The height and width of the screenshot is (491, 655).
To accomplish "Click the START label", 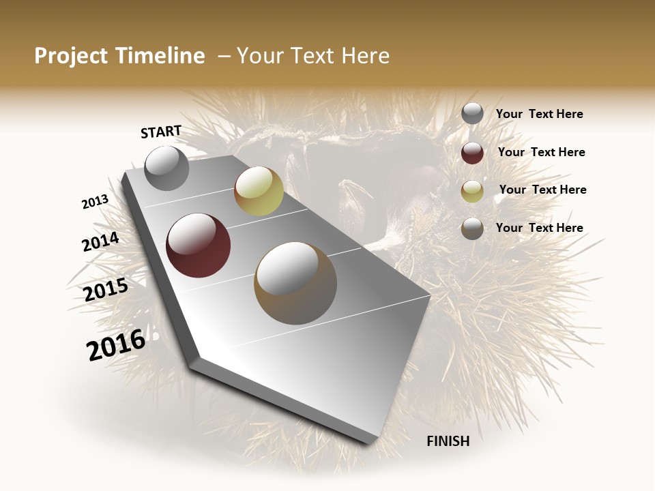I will coord(161,132).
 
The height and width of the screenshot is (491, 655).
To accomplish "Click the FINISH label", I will coord(448,441).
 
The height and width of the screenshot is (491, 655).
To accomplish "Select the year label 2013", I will coord(96,202).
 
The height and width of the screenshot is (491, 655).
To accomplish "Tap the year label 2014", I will coord(101,242).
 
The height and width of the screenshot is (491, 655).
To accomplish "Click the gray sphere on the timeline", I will coord(166,168).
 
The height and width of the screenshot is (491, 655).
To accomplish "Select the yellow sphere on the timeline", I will coord(259,191).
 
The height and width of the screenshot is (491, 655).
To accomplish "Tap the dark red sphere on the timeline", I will coord(199,245).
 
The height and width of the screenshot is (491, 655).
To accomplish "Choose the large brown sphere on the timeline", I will coord(295,283).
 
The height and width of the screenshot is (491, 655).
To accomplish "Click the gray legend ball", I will coord(472,114).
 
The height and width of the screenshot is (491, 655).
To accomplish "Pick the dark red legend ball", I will coord(472,153).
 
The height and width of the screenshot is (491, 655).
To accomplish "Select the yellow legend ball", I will coord(472,191).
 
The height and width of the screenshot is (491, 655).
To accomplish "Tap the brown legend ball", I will coord(472,228).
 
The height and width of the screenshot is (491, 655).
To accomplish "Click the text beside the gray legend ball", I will coord(539,115).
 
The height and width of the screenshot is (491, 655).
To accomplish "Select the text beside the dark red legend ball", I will coord(541,152).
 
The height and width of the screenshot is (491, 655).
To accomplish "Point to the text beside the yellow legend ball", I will coord(542,190).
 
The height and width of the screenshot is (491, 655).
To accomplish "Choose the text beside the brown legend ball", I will coord(539,228).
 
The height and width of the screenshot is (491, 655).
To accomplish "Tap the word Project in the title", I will coord(70,56).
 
